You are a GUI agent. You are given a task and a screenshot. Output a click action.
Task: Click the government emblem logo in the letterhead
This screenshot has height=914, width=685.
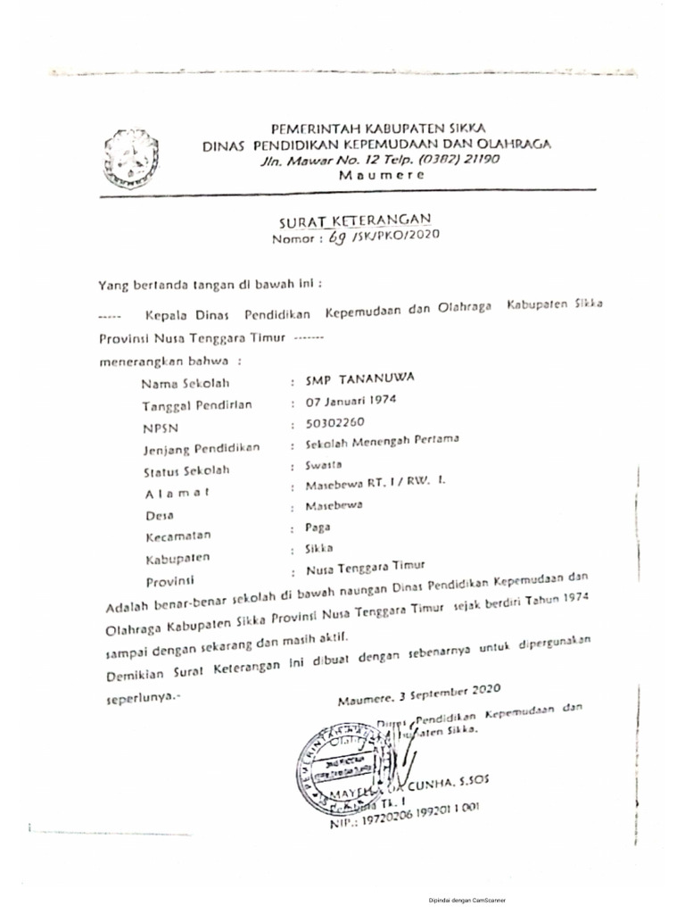pyautogui.click(x=130, y=158)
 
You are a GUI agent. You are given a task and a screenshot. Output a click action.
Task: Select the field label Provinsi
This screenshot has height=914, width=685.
pyautogui.click(x=169, y=582)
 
